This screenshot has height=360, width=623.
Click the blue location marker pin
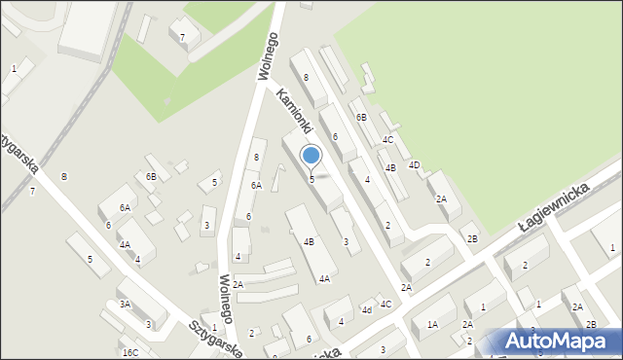tap(311, 156)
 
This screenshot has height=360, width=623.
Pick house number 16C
tap(130, 352)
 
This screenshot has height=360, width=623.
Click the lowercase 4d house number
tap(367, 311)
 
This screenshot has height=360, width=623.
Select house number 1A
tap(432, 324)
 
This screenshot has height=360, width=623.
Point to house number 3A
tap(125, 305)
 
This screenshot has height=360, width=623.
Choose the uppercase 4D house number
tap(414, 165)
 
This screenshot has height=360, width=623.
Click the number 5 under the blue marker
tap(311, 179)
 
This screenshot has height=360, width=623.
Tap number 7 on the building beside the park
tap(183, 38)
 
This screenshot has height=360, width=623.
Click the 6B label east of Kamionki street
tap(361, 118)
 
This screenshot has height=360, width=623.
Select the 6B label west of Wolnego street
tap(151, 176)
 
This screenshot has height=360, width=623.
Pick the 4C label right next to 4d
tap(385, 305)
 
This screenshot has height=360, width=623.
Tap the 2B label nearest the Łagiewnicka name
tap(472, 238)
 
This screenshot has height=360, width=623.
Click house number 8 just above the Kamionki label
tap(306, 77)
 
